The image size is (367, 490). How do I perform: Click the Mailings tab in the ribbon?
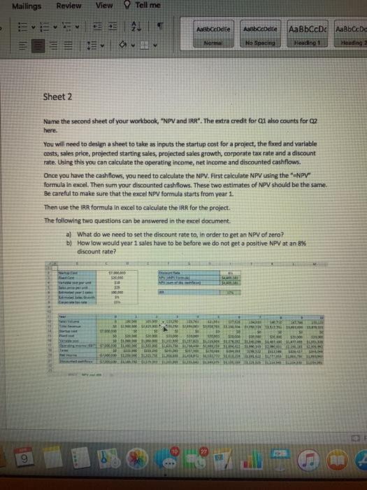(21, 6)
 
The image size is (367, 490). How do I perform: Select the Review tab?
(69, 6)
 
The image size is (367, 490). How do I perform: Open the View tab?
(104, 6)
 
